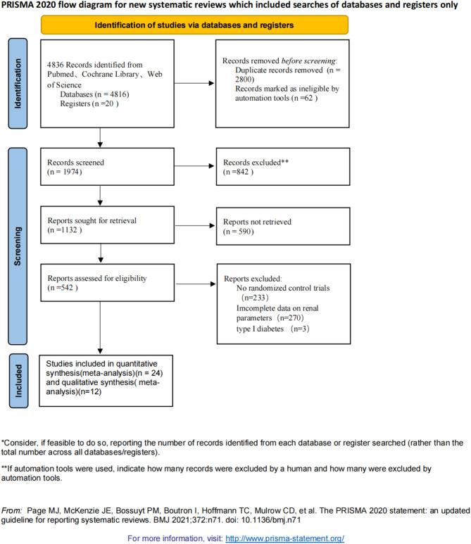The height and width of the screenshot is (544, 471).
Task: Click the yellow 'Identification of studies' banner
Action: click(232, 25)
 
